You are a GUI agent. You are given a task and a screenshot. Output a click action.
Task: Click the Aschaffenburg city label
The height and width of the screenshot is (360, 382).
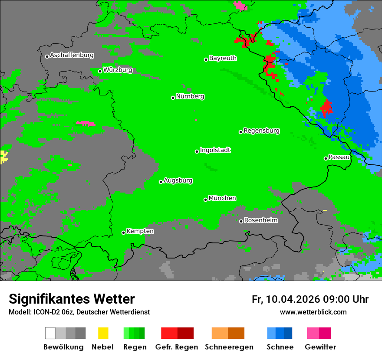point(72,56)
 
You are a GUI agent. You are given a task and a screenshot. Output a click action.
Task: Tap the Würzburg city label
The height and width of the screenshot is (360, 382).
point(118,70)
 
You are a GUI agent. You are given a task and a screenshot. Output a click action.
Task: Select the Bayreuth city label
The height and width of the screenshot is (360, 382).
point(223,58)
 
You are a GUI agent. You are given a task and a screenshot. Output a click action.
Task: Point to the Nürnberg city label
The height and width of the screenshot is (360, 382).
point(190,97)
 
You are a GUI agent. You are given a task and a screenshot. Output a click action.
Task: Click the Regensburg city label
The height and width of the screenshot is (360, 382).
point(261,131)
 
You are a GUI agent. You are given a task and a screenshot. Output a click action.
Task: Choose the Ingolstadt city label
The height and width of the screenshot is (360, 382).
point(215,150)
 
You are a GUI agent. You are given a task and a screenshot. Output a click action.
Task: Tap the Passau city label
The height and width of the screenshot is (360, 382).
point(339,157)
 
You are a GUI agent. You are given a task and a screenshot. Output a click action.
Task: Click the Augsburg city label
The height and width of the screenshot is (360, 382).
point(178,180)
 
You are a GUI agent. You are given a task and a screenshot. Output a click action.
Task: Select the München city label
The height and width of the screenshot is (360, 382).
point(222,198)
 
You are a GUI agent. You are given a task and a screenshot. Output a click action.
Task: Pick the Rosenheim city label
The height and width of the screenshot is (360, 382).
point(260,220)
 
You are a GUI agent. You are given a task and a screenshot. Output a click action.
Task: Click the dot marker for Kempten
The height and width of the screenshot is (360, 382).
point(123,233)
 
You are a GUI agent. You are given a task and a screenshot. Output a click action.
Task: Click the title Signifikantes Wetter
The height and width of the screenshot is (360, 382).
point(72,299)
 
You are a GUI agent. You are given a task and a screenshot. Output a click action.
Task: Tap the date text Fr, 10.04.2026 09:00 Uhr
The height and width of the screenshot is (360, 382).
point(310,299)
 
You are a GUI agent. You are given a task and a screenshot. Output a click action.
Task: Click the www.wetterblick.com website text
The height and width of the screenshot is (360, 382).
point(313,312)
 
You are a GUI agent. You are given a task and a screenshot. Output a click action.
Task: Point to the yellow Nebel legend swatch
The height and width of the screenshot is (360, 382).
point(103,333)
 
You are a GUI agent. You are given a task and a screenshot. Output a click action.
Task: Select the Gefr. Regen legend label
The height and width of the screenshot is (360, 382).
point(177,347)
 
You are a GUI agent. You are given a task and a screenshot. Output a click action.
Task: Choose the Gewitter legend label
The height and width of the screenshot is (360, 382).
point(320,347)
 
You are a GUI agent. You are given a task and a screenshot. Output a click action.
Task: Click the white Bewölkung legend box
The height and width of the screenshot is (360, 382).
point(50,333)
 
